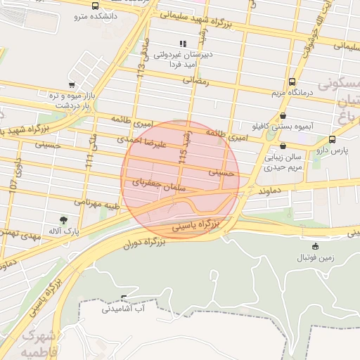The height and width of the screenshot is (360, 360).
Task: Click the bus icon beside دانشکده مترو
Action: coord(96,6)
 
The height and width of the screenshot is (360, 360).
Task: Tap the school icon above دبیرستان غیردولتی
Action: coord(184,44)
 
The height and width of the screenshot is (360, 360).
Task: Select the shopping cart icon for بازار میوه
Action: coord(72,85)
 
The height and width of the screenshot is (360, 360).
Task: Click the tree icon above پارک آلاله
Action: coord(64,220)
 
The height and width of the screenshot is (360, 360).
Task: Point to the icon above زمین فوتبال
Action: coord(314,246)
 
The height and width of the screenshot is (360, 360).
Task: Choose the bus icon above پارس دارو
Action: coord(332,139)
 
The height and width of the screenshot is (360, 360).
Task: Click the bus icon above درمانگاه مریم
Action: coord(292,82)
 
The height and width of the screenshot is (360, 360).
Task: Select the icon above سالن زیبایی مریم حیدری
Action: coord(283,146)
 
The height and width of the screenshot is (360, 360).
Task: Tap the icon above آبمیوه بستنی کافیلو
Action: coord(283,116)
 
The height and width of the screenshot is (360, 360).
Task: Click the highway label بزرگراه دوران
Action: coord(143,243)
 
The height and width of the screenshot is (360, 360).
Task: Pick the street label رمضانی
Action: coord(197,81)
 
